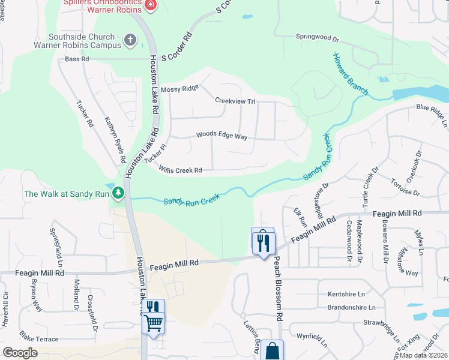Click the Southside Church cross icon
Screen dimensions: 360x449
click(x=130, y=40)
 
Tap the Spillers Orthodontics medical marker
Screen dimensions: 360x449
click(x=150, y=5)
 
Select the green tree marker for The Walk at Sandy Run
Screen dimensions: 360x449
click(x=119, y=193)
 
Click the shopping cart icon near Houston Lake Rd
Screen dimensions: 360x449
click(x=154, y=323)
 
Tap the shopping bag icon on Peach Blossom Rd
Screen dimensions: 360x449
click(x=272, y=350)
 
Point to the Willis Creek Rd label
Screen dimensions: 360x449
click(x=180, y=170)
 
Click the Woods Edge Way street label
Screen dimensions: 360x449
click(x=221, y=136)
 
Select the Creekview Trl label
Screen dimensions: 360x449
click(x=235, y=101)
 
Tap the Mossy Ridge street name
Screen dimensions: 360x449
click(x=179, y=88)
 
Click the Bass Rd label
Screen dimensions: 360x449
click(x=77, y=59)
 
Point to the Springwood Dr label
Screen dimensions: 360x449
click(x=318, y=37)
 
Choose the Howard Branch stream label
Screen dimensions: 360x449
click(x=351, y=74)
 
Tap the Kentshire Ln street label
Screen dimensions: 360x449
click(x=346, y=294)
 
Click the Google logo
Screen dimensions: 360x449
click(x=20, y=353)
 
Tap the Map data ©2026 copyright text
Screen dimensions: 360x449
click(x=423, y=355)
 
